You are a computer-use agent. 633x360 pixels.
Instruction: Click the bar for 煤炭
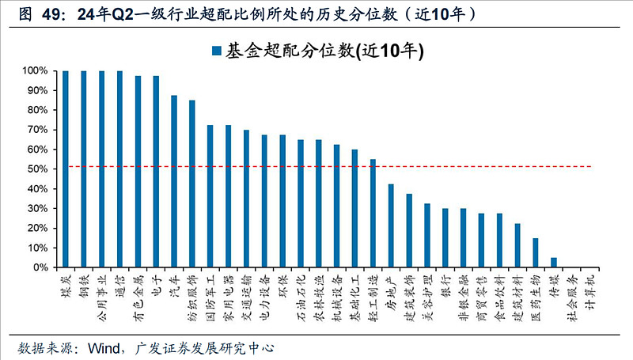(x=66, y=169)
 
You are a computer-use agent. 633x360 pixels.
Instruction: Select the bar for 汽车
(x=174, y=181)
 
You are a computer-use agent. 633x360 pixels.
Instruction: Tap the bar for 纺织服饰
(x=192, y=184)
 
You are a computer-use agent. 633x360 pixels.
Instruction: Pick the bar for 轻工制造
(x=373, y=214)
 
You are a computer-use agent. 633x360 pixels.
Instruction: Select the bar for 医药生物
(x=536, y=252)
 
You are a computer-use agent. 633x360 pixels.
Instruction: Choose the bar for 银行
(x=445, y=238)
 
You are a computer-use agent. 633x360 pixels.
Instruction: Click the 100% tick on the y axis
(x=36, y=71)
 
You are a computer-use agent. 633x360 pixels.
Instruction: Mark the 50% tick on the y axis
(x=39, y=169)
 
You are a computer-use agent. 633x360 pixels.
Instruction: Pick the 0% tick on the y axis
(x=42, y=268)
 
